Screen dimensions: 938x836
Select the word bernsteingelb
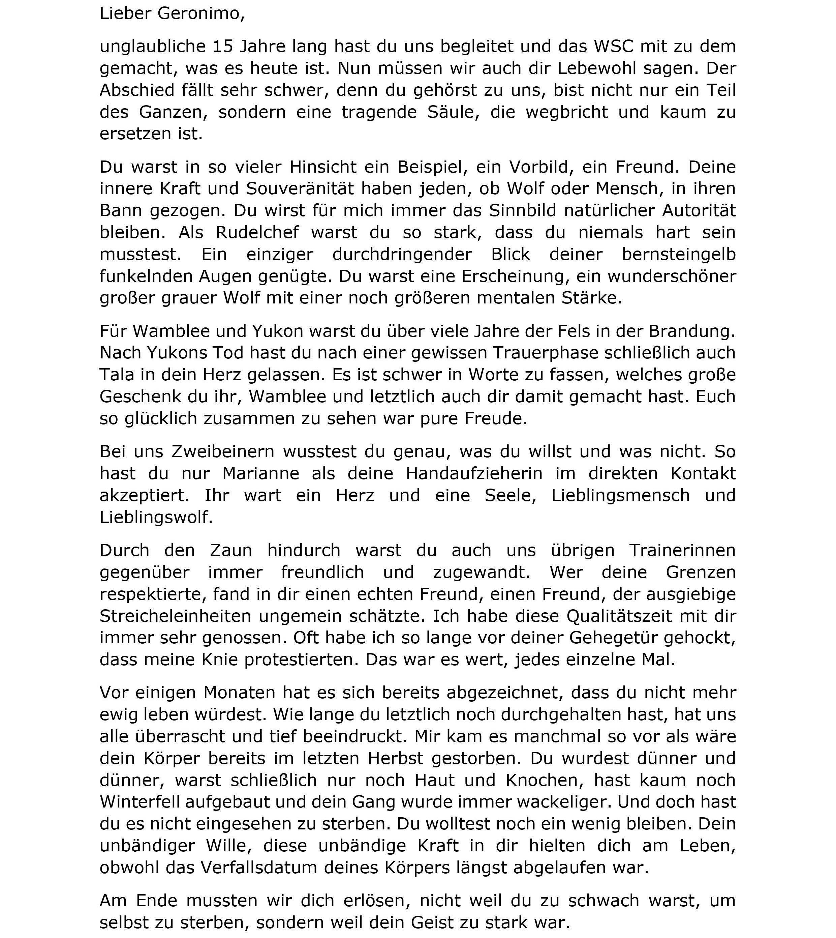pos(678,255)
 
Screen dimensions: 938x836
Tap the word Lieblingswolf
pos(156,518)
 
